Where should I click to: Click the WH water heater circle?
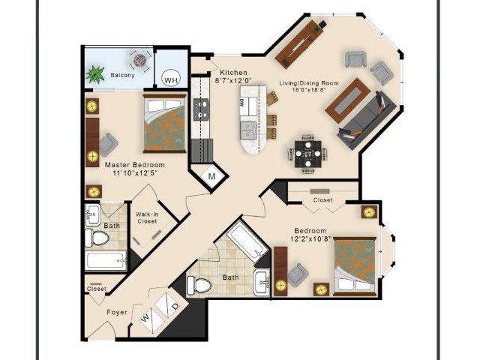[171, 79]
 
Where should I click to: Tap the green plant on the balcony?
[95, 74]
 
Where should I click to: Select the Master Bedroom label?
[135, 165]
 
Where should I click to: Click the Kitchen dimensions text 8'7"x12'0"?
[234, 81]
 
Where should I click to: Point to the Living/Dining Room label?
[309, 83]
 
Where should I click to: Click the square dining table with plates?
[308, 153]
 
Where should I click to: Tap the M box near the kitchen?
[211, 176]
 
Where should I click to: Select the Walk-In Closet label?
[147, 217]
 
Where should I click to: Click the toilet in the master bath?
[97, 238]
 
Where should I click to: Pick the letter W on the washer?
[145, 319]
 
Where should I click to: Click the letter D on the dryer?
[175, 306]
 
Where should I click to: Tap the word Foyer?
[117, 312]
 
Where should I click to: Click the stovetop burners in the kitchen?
[201, 109]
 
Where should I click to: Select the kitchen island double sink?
[248, 130]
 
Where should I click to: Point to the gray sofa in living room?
[367, 120]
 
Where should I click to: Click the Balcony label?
[122, 75]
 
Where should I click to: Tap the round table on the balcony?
[140, 59]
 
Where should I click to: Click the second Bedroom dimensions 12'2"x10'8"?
[310, 238]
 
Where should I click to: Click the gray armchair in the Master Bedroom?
[108, 145]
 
